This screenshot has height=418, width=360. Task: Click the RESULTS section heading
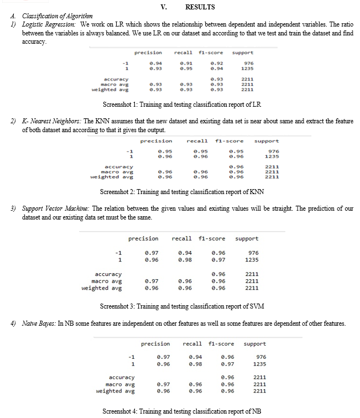click(x=200, y=7)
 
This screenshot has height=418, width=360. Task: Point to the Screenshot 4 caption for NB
click(x=181, y=411)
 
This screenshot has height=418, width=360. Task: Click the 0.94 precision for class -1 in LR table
click(x=155, y=63)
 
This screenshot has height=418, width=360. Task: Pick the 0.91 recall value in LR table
click(x=186, y=63)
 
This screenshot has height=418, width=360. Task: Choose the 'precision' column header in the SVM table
click(x=143, y=239)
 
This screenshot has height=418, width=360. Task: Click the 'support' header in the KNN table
click(x=267, y=141)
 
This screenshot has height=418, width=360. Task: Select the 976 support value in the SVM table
click(x=252, y=253)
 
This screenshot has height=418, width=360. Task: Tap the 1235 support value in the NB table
click(x=259, y=364)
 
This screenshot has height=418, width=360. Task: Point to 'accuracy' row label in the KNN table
click(x=118, y=166)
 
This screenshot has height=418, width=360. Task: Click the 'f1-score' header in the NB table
click(x=221, y=343)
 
